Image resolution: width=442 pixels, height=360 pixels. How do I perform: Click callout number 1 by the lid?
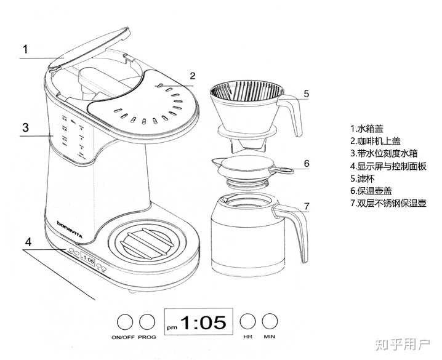25,49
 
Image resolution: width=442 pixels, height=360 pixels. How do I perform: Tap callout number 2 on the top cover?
193,76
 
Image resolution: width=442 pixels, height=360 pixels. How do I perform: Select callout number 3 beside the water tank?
25,127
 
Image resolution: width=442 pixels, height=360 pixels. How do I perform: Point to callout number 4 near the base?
27,241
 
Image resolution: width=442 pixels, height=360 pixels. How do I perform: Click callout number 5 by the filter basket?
305,94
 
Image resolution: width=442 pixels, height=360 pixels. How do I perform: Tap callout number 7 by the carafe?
307,206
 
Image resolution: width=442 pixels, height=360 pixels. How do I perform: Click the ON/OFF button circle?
126,322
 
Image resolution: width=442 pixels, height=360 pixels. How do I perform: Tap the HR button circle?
247,321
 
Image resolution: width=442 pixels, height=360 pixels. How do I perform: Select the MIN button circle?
269,321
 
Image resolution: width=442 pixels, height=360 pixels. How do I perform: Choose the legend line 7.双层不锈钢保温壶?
388,203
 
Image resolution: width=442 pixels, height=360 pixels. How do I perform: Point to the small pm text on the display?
172,326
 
